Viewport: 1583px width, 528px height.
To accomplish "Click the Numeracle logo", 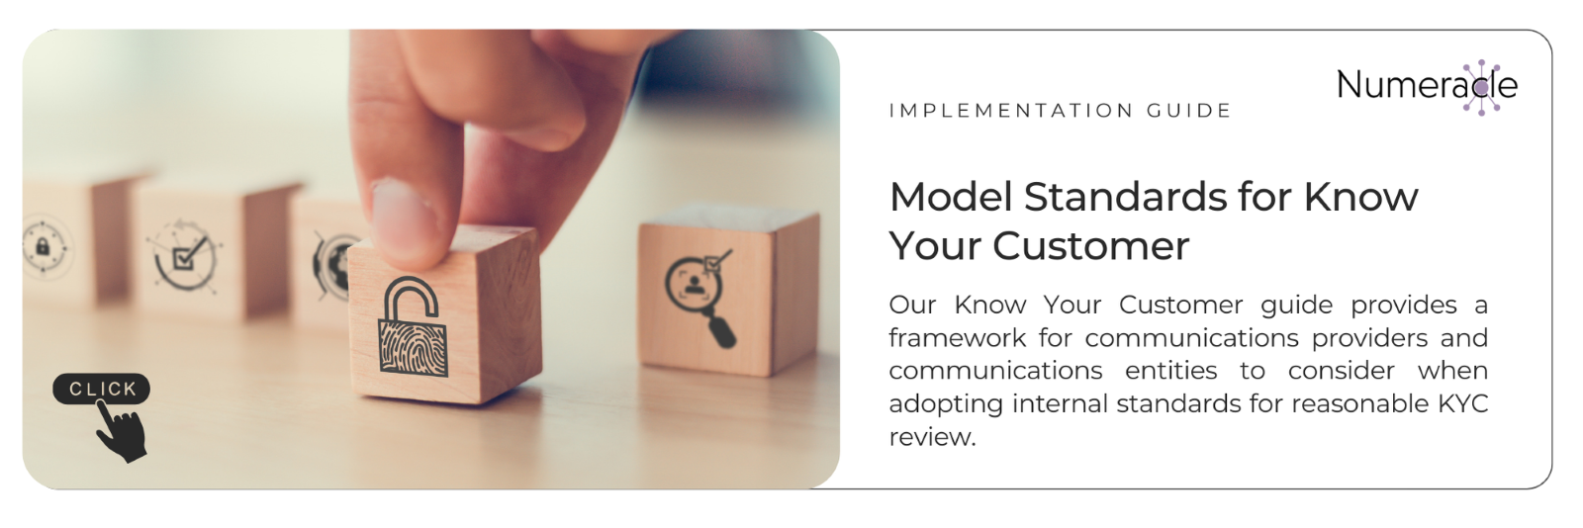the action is (x=1427, y=86).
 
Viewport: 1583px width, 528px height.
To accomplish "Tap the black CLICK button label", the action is (x=101, y=389).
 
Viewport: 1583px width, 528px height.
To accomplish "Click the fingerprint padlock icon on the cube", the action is (x=413, y=326).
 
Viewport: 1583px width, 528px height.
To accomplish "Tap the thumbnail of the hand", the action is (x=431, y=258).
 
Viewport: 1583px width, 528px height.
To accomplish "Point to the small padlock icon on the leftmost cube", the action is (x=43, y=247).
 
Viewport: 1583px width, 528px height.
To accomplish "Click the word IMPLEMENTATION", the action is (x=1011, y=111).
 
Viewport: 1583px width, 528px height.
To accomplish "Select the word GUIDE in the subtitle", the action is (x=1189, y=111).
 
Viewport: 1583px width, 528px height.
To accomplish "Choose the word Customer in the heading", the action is (x=1091, y=246).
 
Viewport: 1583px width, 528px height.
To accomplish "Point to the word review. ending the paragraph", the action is (x=932, y=438).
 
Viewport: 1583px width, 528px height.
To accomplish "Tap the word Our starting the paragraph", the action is (x=912, y=305).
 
